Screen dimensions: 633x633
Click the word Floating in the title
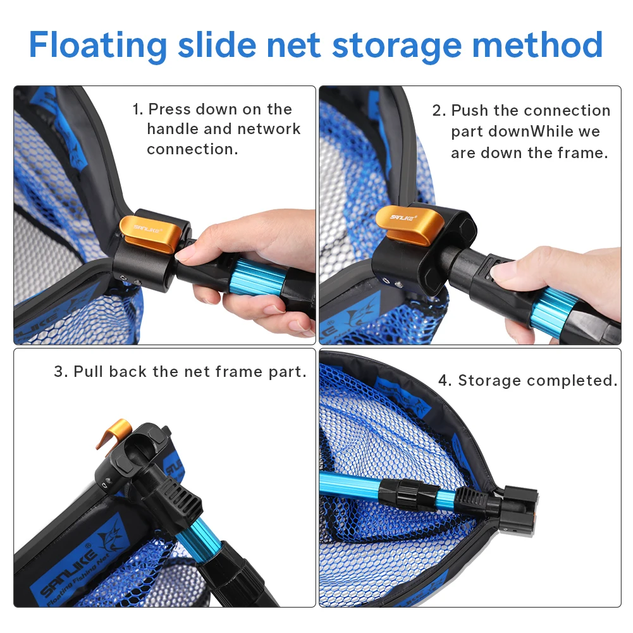coord(98,45)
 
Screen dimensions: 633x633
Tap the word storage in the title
coord(396,46)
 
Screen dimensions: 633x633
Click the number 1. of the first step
coord(138,109)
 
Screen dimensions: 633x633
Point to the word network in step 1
coord(269,129)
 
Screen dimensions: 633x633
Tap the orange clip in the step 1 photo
coord(150,234)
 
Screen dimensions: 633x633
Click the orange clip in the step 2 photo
coord(409,224)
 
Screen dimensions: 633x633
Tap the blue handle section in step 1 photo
coord(257,277)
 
